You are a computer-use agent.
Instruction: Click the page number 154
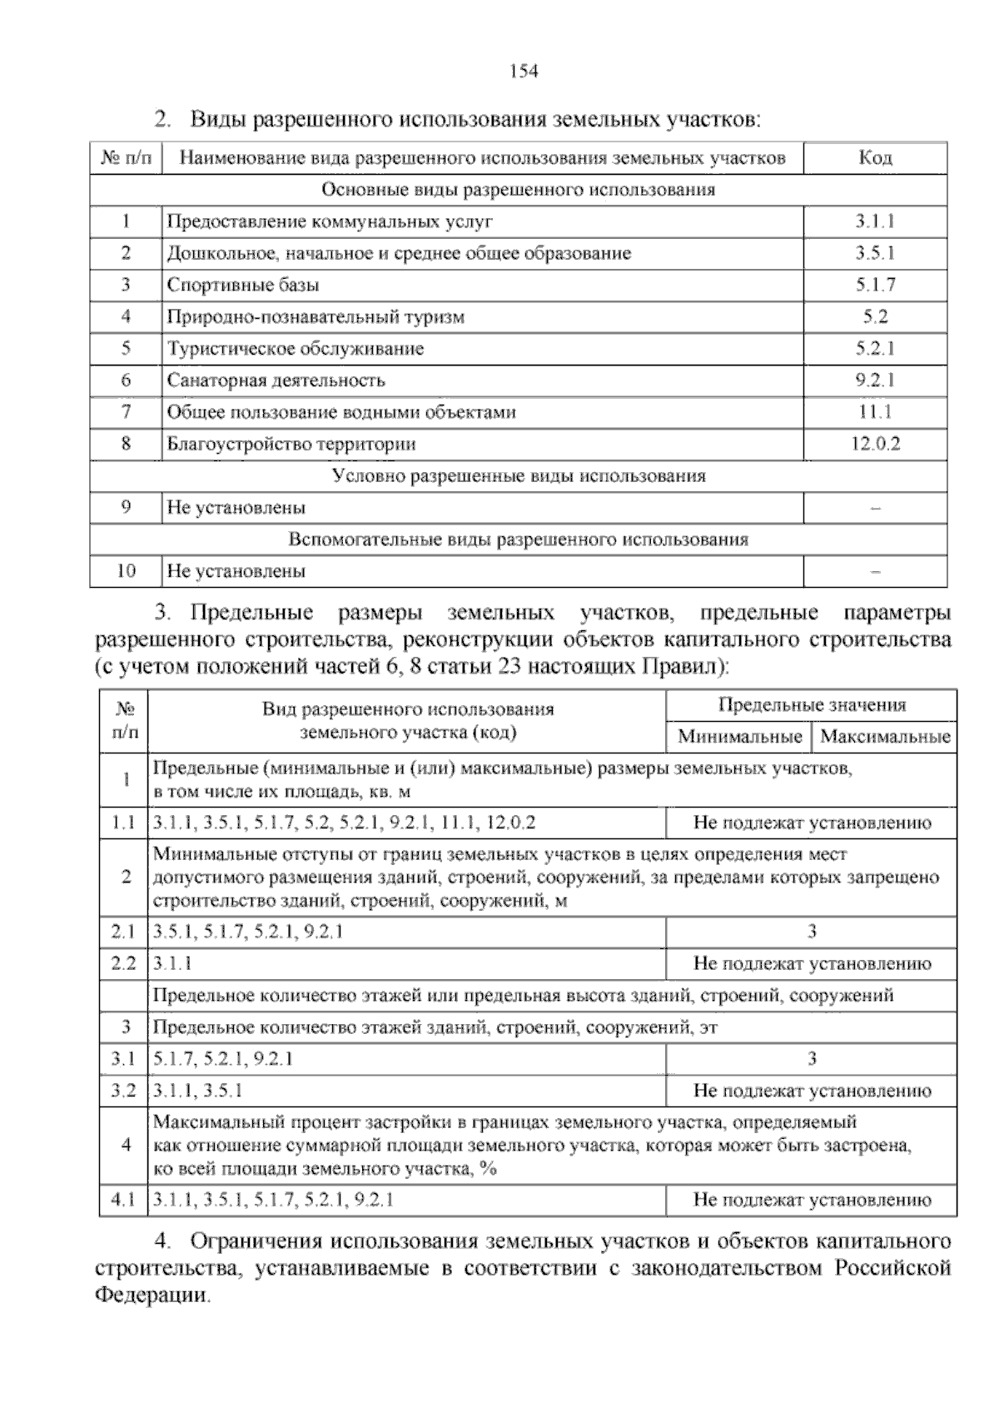(524, 72)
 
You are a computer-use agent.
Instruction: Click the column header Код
(875, 158)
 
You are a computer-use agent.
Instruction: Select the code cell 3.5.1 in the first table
(875, 253)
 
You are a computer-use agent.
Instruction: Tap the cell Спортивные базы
(243, 285)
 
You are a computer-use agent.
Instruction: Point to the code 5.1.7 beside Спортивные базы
(875, 285)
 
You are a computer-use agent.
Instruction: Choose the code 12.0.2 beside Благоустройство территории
(875, 444)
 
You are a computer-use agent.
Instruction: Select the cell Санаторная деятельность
(276, 380)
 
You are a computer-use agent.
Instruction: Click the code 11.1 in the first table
(875, 412)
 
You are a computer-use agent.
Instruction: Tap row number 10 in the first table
(126, 571)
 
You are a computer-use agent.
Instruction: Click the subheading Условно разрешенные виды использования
(519, 476)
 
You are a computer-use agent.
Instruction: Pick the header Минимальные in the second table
(740, 737)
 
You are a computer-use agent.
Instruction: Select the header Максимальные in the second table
(885, 737)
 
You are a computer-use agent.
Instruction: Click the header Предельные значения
(812, 705)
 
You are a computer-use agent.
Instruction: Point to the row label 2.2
(123, 964)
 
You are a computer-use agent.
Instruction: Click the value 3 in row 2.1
(812, 932)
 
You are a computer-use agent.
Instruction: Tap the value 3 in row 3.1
(812, 1059)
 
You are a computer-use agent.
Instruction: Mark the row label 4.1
(123, 1201)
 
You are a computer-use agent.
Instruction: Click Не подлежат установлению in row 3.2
(812, 1091)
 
